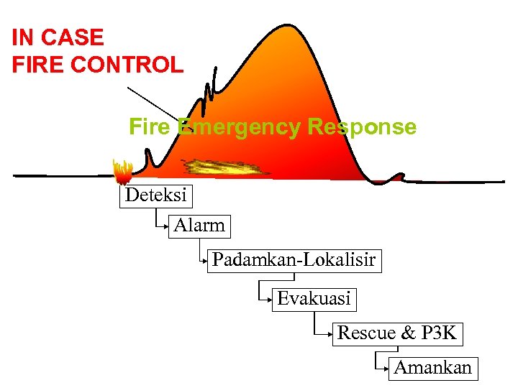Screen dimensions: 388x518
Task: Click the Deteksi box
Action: pos(155,195)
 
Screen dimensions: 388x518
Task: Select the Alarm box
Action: pos(199,226)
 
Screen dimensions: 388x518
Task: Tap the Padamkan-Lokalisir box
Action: pos(294,260)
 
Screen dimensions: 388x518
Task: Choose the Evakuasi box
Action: pos(314,298)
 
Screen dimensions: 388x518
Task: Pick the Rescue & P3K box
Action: pos(396,333)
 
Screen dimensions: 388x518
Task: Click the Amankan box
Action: pos(433,368)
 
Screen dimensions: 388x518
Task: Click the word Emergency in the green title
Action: pos(239,127)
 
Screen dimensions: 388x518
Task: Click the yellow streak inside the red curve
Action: pos(224,168)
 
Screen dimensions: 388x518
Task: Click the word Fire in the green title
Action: pos(150,127)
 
